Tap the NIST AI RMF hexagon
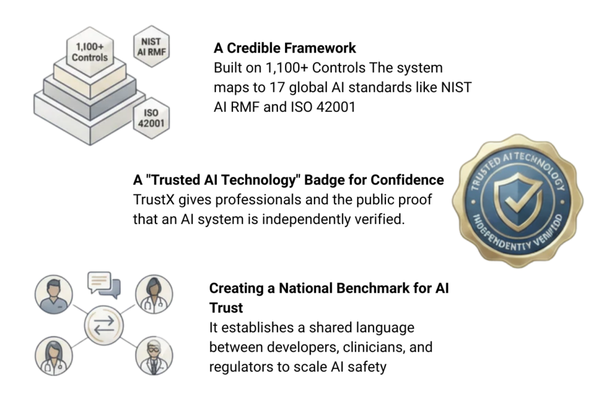pyautogui.click(x=150, y=46)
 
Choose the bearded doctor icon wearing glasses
pyautogui.click(x=152, y=355)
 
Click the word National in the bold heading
pyautogui.click(x=298, y=288)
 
